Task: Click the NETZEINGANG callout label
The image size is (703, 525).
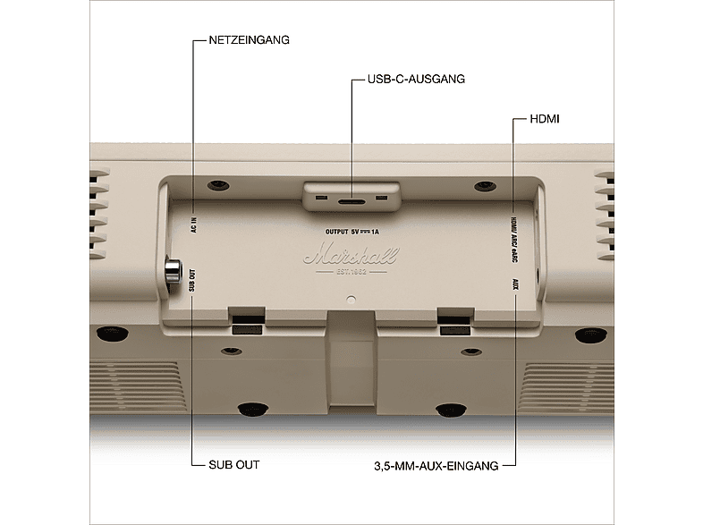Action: tap(249, 40)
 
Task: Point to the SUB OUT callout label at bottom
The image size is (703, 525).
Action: tap(234, 465)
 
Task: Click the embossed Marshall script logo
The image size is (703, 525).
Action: tap(351, 257)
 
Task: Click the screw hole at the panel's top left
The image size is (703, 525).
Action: tap(216, 186)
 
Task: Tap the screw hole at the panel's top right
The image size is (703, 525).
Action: tap(486, 187)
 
